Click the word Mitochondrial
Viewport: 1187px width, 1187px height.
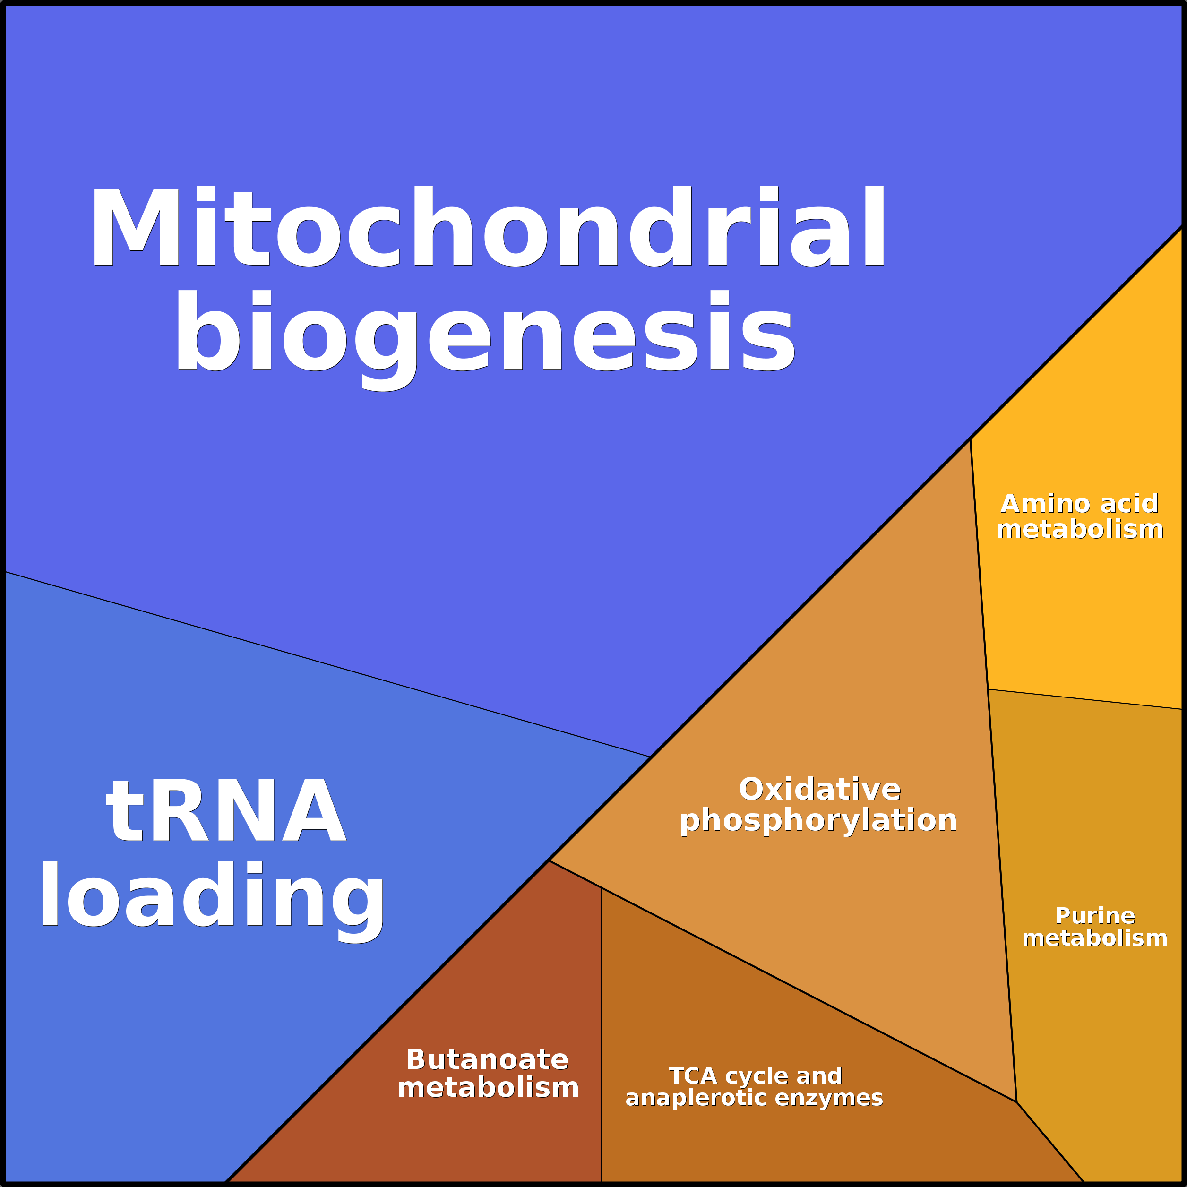pyautogui.click(x=487, y=227)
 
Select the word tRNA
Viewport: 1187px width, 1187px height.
pyautogui.click(x=225, y=811)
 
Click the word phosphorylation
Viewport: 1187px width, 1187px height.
pyautogui.click(x=818, y=821)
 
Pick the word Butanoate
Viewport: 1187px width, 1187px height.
pyautogui.click(x=487, y=1059)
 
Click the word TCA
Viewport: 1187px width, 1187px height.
pyautogui.click(x=693, y=1076)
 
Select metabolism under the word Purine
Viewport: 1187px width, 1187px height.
pyautogui.click(x=1095, y=938)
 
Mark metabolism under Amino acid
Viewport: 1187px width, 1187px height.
pyautogui.click(x=1080, y=530)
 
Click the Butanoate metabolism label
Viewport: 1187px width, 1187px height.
pyautogui.click(x=488, y=1073)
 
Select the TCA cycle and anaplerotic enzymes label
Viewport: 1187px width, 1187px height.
pyautogui.click(x=755, y=1087)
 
